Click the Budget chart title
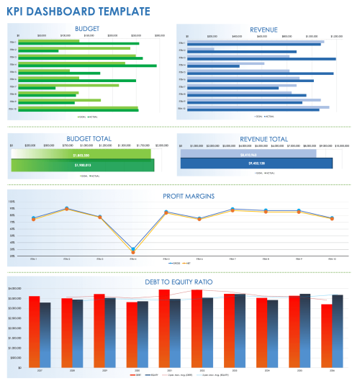(87, 29)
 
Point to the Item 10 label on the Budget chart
(12, 109)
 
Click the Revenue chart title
(263, 29)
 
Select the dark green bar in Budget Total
(81, 165)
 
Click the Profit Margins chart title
(176, 194)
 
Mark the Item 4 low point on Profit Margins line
(132, 250)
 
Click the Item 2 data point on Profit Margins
(67, 209)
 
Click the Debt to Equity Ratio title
(176, 280)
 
